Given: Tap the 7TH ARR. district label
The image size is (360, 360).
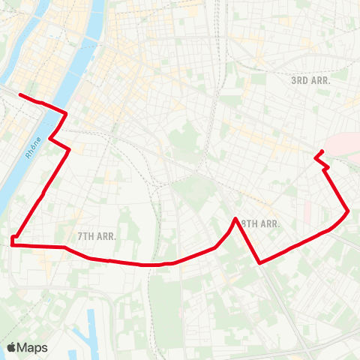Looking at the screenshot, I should (x=97, y=235).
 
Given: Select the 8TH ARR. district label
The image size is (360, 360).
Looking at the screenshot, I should (x=260, y=223).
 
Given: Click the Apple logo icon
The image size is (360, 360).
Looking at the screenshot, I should (x=11, y=347).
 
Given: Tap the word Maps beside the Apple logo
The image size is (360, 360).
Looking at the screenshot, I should (x=33, y=347).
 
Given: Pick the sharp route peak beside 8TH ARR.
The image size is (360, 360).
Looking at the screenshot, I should (x=236, y=219).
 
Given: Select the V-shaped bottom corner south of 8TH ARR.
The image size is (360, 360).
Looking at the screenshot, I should (x=259, y=262).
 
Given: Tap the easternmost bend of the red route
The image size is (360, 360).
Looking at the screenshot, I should (x=348, y=211).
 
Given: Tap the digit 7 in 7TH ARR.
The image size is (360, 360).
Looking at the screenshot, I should (x=80, y=235).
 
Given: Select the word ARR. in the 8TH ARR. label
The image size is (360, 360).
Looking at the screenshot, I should (x=269, y=223).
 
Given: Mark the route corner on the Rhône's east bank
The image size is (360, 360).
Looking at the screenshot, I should (x=67, y=114).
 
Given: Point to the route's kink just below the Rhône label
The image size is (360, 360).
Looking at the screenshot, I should (x=49, y=138).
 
